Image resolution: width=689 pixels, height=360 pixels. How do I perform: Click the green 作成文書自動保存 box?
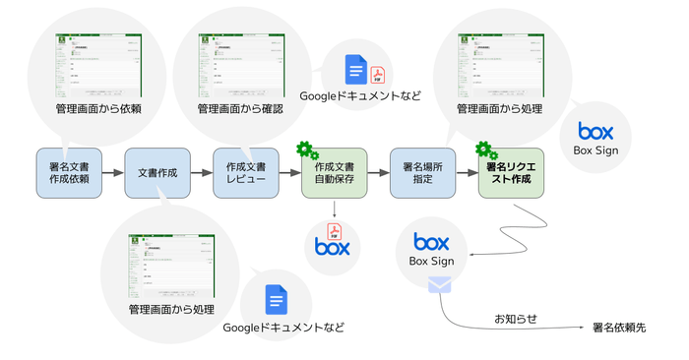(335, 173)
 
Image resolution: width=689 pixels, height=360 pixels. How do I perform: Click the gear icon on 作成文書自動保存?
(307, 150)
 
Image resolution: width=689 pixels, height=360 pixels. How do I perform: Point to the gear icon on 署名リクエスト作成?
(485, 150)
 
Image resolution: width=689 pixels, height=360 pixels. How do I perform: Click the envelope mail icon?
(439, 284)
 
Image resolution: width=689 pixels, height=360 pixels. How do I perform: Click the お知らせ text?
(516, 319)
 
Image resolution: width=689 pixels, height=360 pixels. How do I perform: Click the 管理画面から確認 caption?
(240, 108)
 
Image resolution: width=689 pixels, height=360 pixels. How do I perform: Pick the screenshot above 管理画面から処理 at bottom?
(171, 265)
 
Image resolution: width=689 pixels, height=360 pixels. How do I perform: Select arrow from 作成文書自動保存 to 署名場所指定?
(378, 173)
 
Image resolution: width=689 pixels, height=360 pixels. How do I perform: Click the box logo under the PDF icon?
(333, 247)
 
